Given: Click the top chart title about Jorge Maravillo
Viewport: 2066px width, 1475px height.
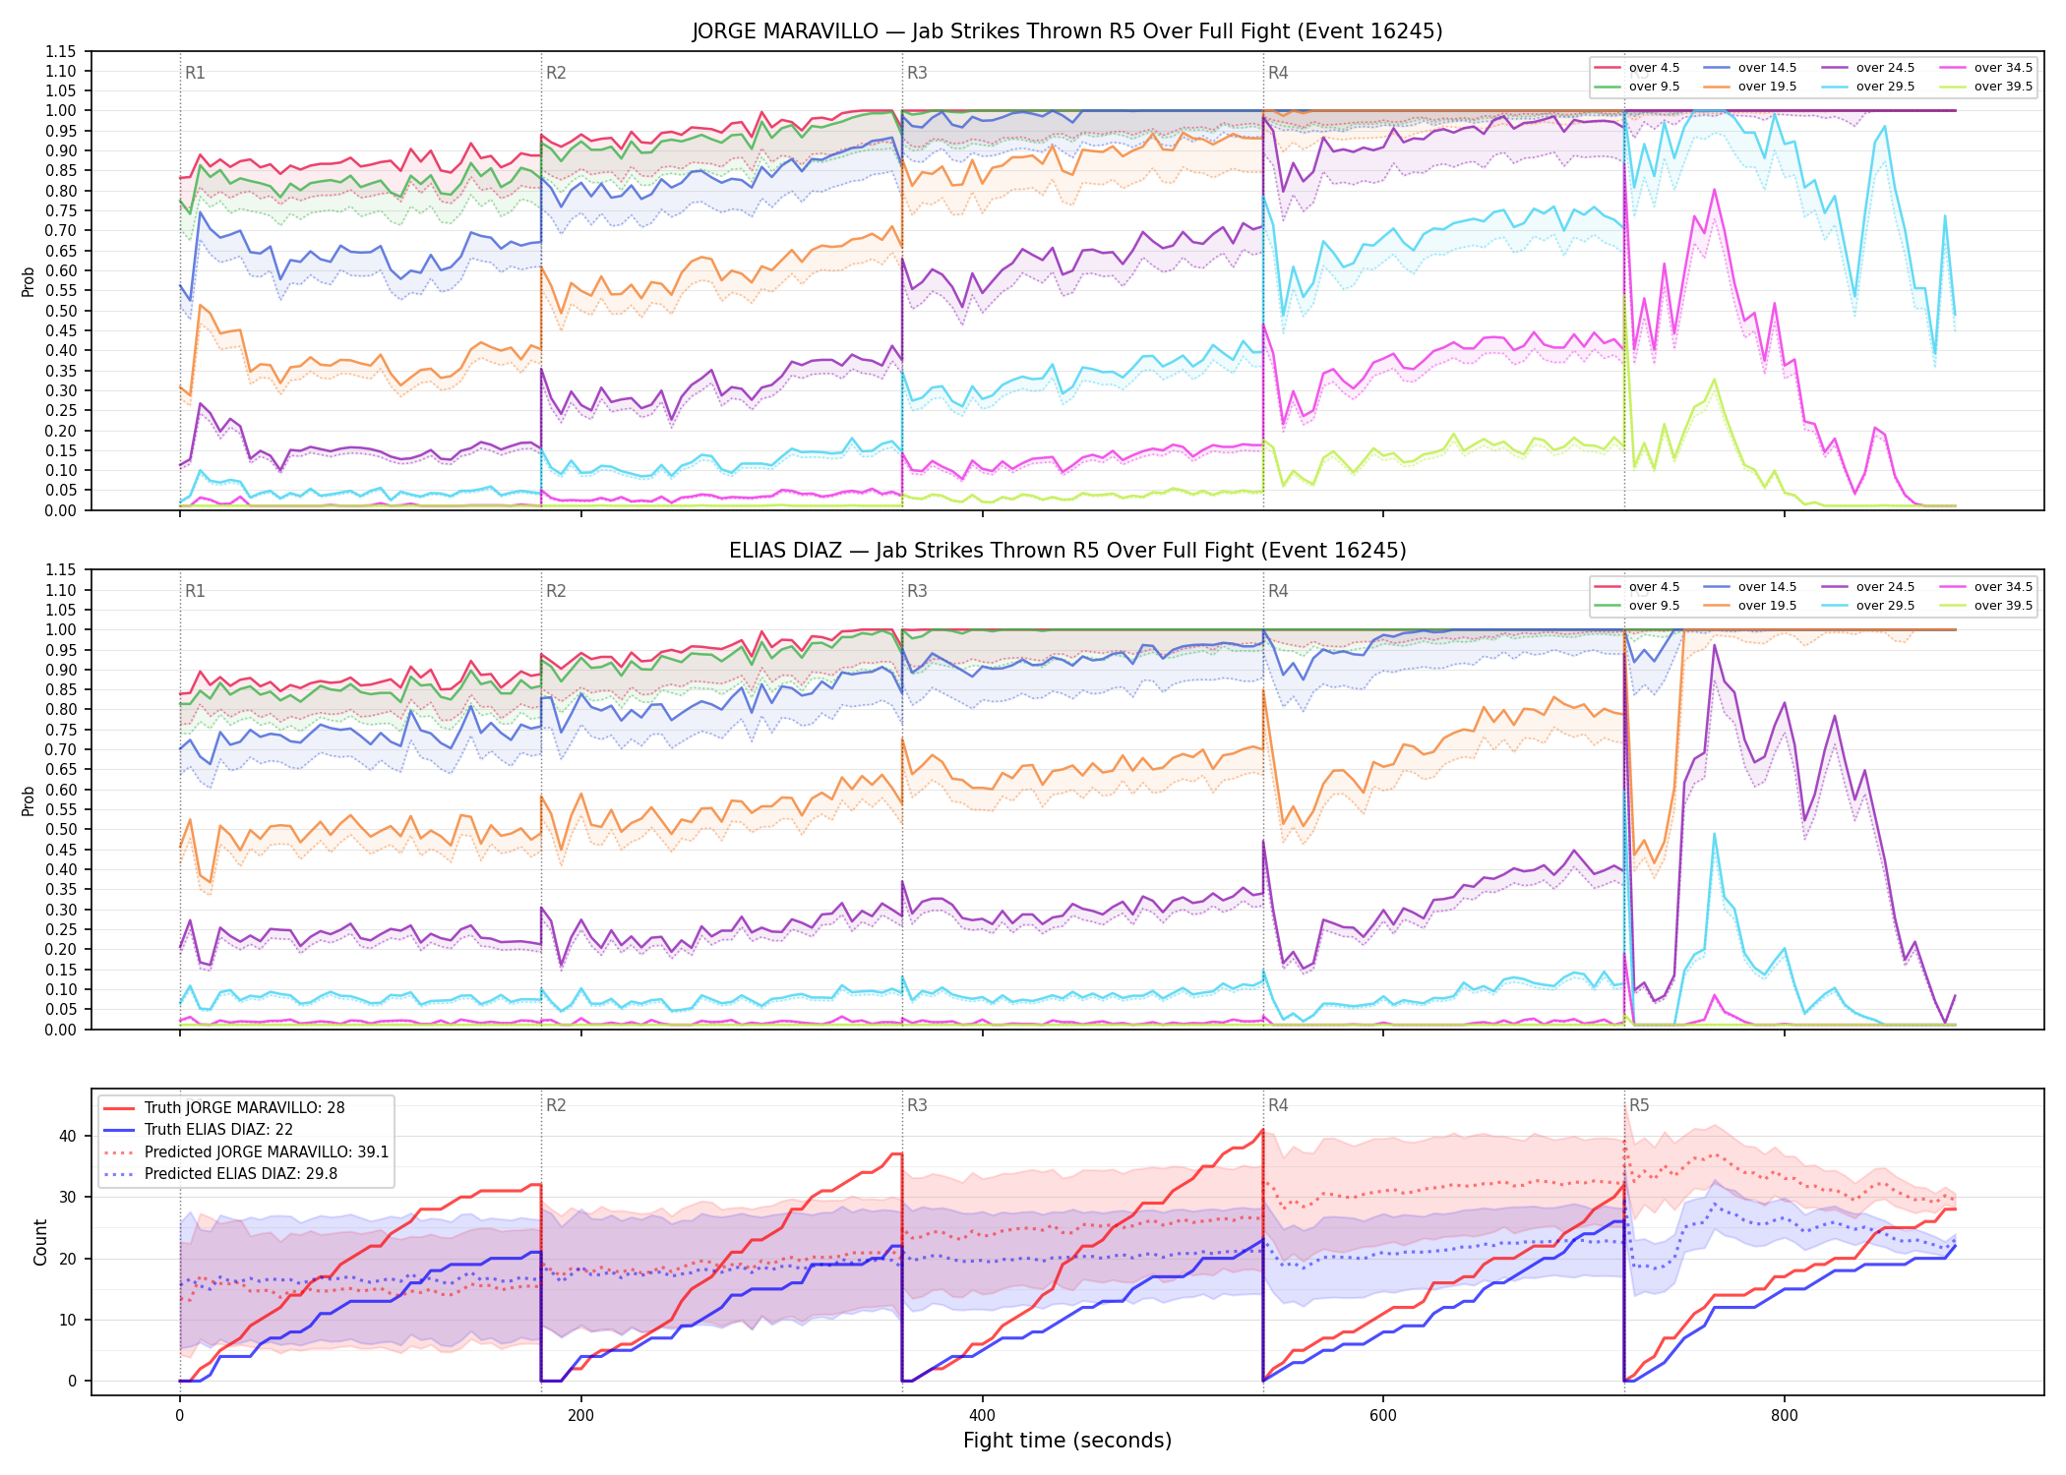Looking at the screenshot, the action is click(x=1067, y=31).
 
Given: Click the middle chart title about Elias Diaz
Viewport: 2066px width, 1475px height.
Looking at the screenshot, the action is click(x=1067, y=551).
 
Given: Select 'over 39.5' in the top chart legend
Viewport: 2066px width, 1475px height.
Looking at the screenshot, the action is click(x=2003, y=87).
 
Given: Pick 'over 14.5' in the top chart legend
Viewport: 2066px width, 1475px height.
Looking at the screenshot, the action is click(x=1767, y=68).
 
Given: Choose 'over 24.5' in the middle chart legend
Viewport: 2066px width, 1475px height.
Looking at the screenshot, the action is click(x=1885, y=587).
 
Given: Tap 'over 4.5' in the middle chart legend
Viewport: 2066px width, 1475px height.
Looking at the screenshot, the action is click(x=1655, y=587).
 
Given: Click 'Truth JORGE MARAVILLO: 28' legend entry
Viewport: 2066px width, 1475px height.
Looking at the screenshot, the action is click(x=244, y=1107).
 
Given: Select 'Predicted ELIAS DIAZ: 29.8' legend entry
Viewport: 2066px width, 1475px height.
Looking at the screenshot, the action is click(x=241, y=1173).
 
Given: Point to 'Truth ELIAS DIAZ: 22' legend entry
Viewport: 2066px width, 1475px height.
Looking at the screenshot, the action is click(x=218, y=1130).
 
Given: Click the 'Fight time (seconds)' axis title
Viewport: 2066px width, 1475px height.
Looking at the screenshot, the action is click(x=1067, y=1441).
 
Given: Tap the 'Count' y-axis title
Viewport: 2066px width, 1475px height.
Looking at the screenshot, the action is click(x=40, y=1242).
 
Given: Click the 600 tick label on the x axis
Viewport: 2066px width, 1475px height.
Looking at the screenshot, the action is click(x=1382, y=1416).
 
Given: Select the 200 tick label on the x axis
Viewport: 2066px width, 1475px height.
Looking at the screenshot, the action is click(x=580, y=1416).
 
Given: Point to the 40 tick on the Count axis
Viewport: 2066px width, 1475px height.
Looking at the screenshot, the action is click(x=68, y=1136).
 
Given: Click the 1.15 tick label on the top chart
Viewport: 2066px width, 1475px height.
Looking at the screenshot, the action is click(x=60, y=51).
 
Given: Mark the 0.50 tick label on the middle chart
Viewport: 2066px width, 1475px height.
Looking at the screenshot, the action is click(x=60, y=829).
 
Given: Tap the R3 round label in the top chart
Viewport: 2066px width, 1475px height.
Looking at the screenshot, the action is click(x=917, y=73).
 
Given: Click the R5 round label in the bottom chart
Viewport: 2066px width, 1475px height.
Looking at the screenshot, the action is click(x=1639, y=1105).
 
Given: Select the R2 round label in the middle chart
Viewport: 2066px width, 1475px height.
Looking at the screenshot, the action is click(x=556, y=591).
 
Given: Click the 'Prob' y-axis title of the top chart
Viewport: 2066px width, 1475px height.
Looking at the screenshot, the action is click(x=29, y=281).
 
